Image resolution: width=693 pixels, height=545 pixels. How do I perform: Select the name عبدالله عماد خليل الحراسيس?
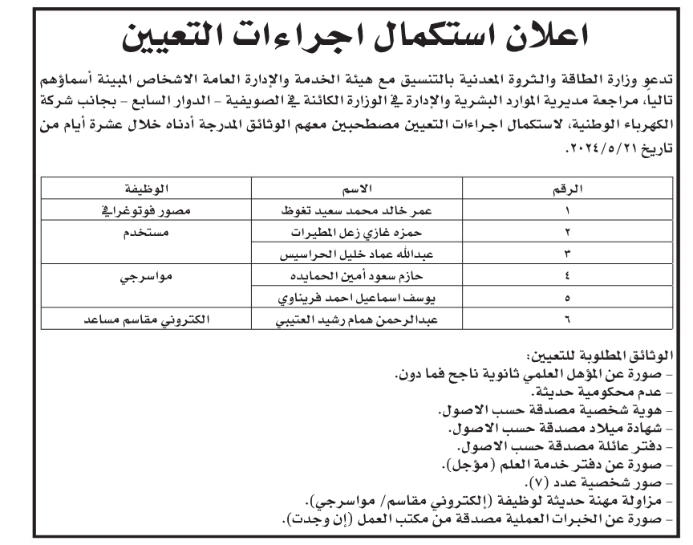point(353,254)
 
